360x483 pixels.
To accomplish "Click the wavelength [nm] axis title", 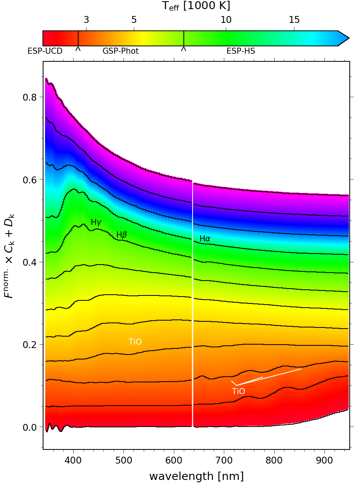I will pyautogui.click(x=196, y=476).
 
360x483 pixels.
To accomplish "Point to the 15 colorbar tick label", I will pyautogui.click(x=294, y=19).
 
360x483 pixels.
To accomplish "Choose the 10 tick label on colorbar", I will pyautogui.click(x=226, y=19).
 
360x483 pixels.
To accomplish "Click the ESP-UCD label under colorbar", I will pyautogui.click(x=45, y=51).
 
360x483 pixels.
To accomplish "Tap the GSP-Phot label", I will pyautogui.click(x=121, y=51).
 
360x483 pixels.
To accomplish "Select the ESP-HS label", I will pyautogui.click(x=241, y=51).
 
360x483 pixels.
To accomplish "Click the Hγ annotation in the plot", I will pyautogui.click(x=96, y=222).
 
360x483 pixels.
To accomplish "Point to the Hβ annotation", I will pyautogui.click(x=121, y=235).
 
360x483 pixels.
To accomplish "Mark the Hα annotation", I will pyautogui.click(x=205, y=239).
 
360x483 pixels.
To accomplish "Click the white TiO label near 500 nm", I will pyautogui.click(x=135, y=342).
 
